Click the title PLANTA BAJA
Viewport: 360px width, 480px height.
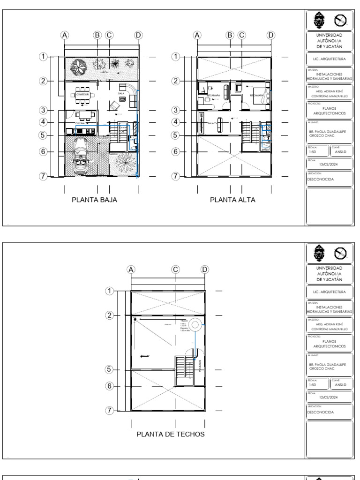click(94, 200)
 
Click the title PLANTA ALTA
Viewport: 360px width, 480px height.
click(232, 200)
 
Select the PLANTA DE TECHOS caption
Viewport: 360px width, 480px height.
click(171, 434)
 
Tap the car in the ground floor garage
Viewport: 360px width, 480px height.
click(79, 156)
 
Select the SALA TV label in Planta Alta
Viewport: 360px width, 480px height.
click(213, 123)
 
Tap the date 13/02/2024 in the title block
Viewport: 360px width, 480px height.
click(329, 165)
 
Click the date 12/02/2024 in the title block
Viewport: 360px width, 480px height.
click(329, 397)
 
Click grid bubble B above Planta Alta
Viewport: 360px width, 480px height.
click(230, 35)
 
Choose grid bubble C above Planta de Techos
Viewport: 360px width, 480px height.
click(175, 269)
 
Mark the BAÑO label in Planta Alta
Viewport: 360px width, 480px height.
click(266, 149)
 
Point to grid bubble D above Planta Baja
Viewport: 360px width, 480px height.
click(138, 35)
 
